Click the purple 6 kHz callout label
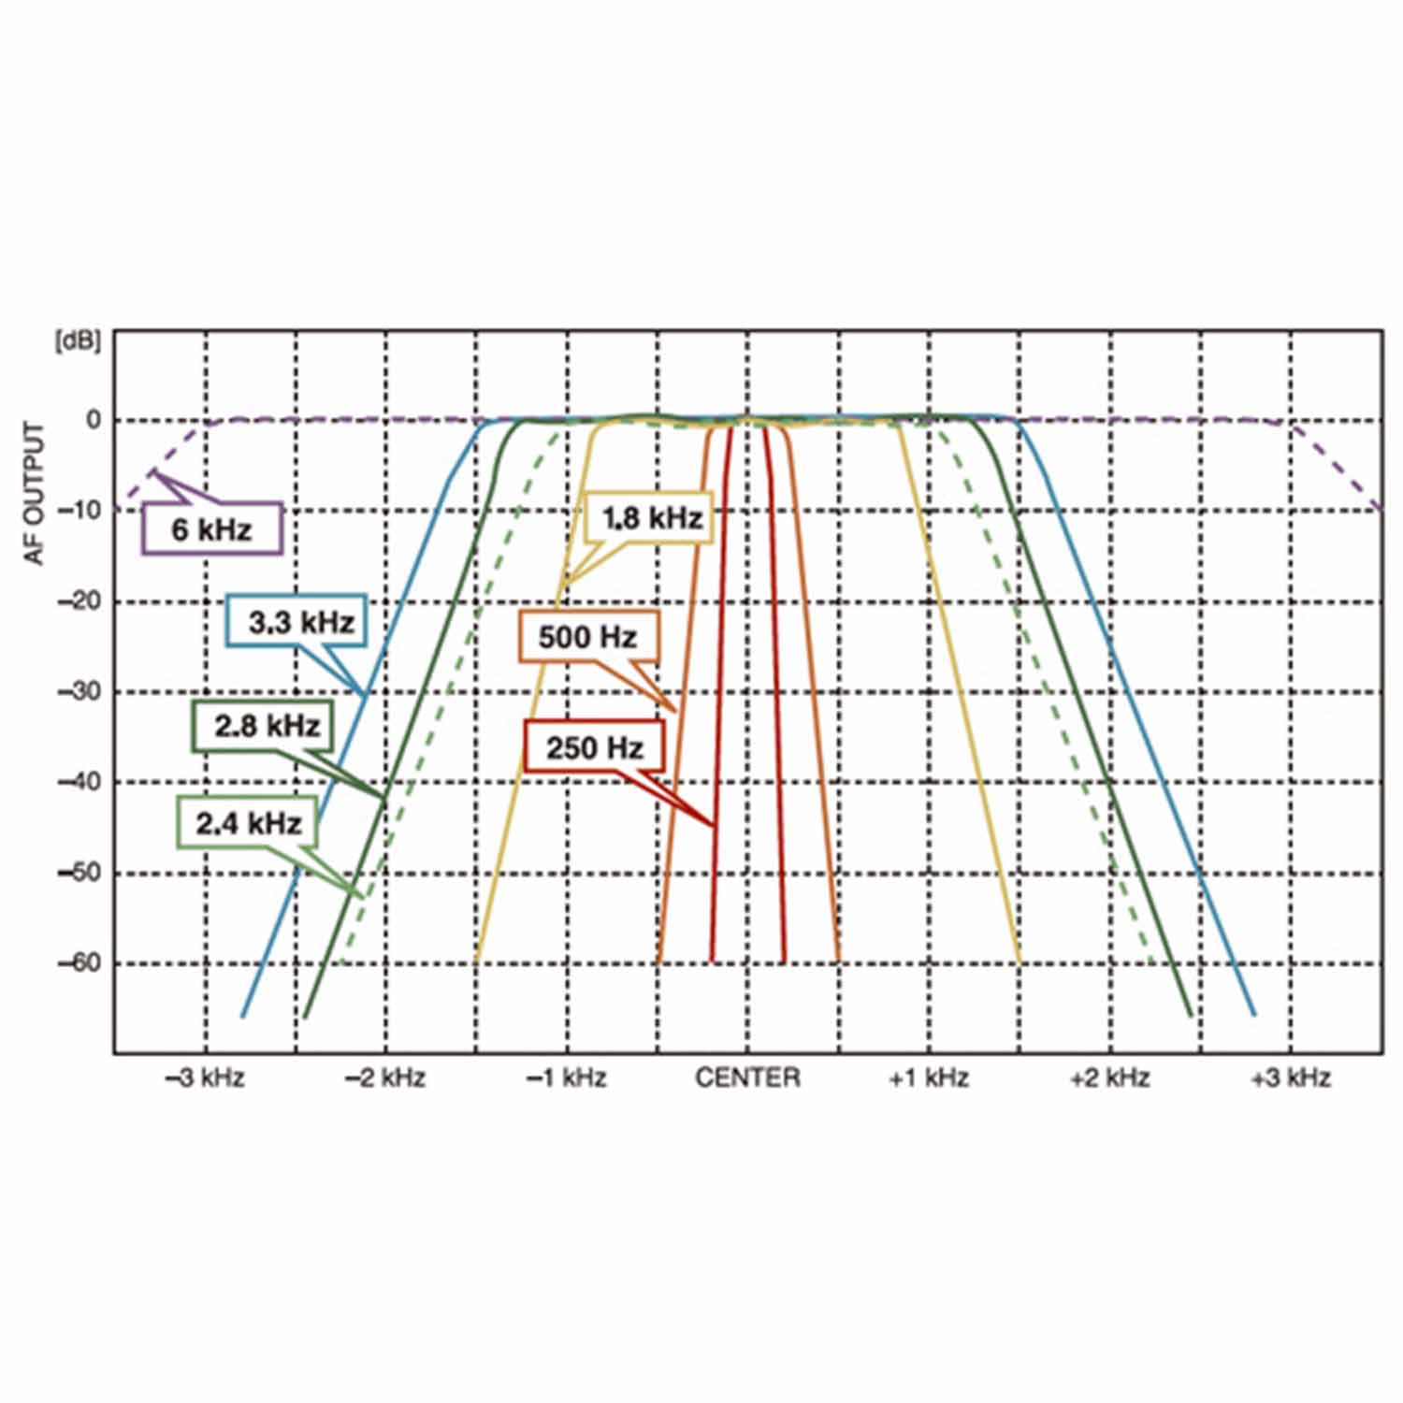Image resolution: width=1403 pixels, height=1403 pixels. pos(212,529)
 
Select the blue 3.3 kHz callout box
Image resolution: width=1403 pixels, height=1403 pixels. pos(297,621)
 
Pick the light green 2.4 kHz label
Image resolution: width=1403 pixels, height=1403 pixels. pos(248,823)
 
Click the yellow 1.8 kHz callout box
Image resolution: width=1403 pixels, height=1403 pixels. pos(651,517)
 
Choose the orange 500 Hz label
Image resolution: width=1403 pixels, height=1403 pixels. pos(588,637)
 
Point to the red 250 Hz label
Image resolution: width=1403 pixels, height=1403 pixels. pos(595,747)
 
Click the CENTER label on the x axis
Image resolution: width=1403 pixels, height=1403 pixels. pos(747,1078)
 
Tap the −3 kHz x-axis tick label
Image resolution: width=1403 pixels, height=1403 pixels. pos(204,1078)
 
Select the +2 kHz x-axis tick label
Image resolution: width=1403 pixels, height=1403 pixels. pos(1109,1078)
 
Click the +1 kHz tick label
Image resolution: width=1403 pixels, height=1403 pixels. pos(928,1078)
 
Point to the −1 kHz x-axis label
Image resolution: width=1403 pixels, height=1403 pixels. pos(566,1078)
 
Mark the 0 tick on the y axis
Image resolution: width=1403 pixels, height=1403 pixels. pos(94,421)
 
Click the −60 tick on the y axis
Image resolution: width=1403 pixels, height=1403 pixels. pos(80,963)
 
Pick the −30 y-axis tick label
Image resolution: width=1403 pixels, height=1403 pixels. pos(80,692)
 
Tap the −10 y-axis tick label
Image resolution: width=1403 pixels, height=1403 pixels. pos(80,511)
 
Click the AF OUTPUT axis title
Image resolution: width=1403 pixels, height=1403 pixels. pos(36,493)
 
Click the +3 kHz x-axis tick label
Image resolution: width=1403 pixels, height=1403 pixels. pos(1291,1078)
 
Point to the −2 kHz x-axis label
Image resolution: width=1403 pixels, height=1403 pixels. pos(384,1078)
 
